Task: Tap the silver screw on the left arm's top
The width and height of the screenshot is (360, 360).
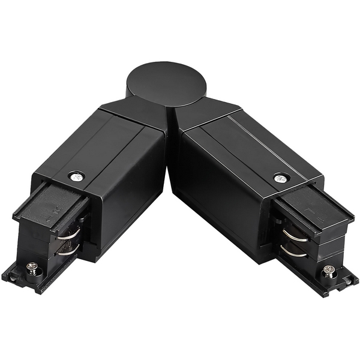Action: [x=76, y=176]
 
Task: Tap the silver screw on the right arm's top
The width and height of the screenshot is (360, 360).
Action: [x=280, y=178]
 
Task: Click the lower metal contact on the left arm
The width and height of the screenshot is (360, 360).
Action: [x=67, y=250]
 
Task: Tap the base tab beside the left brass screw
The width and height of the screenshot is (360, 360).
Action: [x=15, y=277]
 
